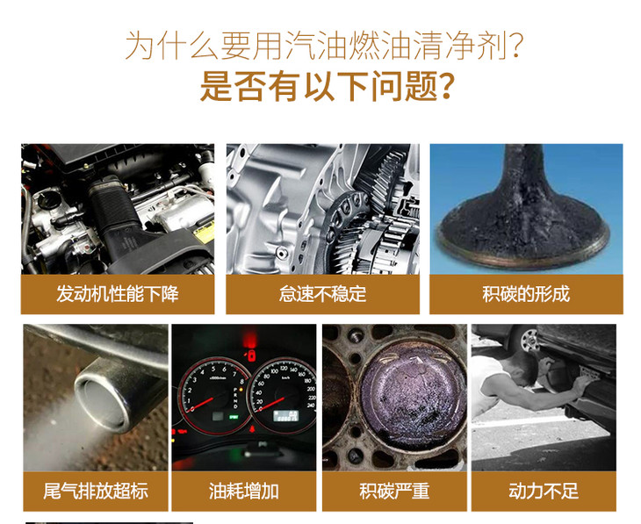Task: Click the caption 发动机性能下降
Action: click(118, 294)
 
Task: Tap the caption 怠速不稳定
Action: click(322, 294)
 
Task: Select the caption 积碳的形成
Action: click(526, 294)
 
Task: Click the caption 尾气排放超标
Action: click(96, 491)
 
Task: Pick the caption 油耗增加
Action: click(243, 491)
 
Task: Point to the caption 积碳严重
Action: click(394, 491)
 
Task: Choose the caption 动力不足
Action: click(544, 491)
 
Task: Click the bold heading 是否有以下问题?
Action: click(327, 86)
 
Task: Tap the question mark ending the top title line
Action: click(516, 45)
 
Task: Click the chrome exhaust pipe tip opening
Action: click(102, 402)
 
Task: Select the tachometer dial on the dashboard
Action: click(213, 397)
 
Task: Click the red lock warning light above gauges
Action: click(250, 355)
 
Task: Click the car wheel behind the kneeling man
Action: click(529, 340)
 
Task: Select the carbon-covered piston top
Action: click(412, 393)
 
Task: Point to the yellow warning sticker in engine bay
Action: click(203, 233)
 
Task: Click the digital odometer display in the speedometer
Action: click(285, 416)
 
